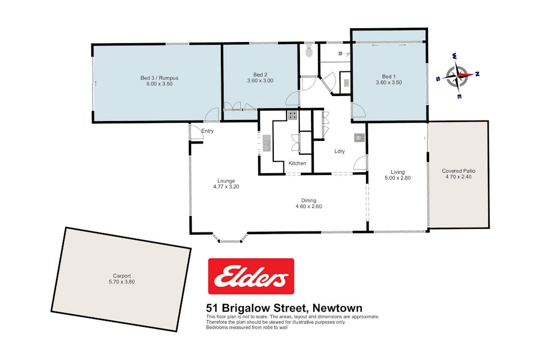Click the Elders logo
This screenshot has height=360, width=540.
pos(251,276)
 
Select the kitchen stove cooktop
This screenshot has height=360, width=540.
pos(293,115)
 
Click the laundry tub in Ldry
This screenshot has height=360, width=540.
pos(359,138)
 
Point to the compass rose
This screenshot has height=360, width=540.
pos(458,76)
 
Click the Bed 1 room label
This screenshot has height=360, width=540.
pos(389,76)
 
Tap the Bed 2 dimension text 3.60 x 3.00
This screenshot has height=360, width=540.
pos(260,81)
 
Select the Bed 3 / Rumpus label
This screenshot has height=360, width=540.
pos(159,78)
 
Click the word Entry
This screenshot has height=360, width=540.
pos(208,131)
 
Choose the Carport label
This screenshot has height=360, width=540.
pos(122,276)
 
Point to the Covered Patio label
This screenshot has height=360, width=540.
pos(458,171)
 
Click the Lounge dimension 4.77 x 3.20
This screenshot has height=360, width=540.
pos(226,187)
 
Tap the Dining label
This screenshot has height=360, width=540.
pos(308,201)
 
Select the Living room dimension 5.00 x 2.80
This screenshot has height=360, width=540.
pos(398,178)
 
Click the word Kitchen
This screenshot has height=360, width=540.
pos(297,163)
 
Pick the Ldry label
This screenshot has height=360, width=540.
pos(339,151)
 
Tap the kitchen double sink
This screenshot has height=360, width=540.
pos(267,143)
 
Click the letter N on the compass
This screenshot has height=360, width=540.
pos(477,74)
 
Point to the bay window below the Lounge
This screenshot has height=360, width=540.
pos(229,239)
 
